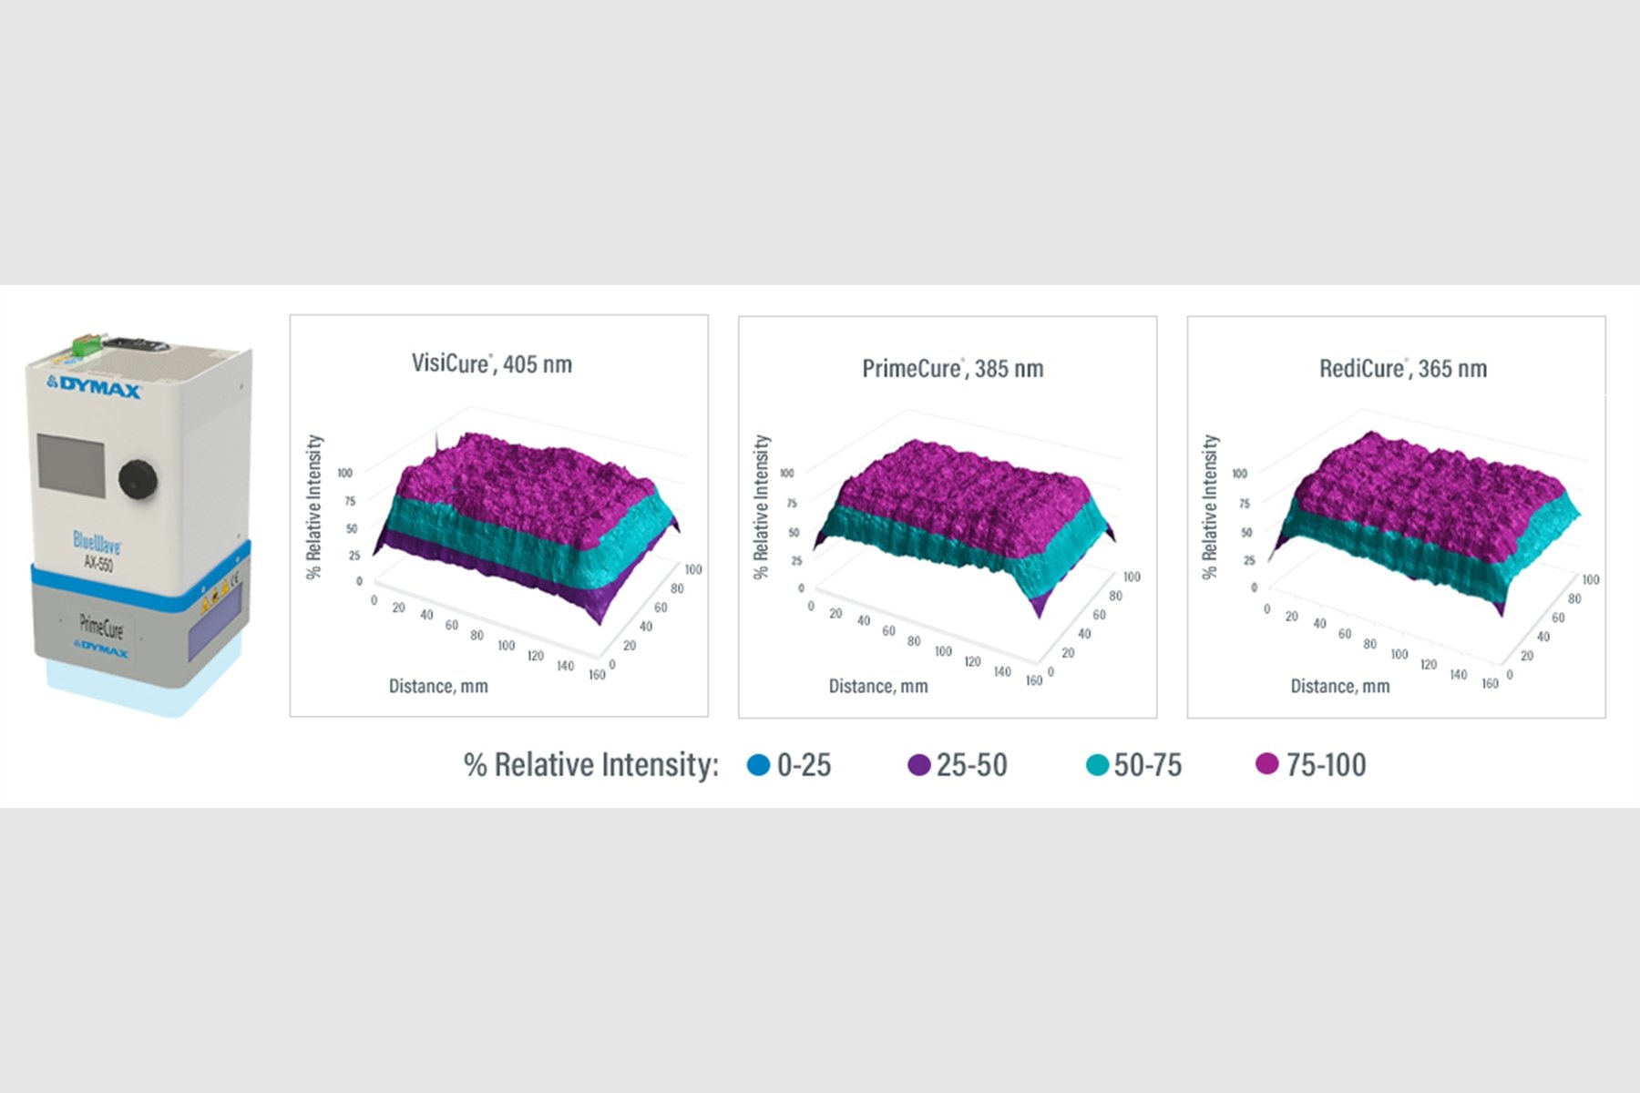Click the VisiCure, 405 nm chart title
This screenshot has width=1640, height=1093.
[x=492, y=364]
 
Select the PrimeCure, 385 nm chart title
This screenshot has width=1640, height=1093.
[x=952, y=369]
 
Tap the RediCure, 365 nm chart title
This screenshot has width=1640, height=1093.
[x=1403, y=369]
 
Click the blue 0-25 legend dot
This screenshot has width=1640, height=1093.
[x=758, y=764]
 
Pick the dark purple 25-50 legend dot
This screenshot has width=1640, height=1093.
[x=918, y=764]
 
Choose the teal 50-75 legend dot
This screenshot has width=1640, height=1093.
[x=1097, y=764]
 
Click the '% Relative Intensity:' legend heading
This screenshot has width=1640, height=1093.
[x=591, y=764]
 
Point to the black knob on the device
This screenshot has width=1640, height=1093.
[x=138, y=478]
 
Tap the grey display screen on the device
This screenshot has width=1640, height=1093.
[x=70, y=465]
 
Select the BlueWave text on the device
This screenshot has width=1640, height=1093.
[x=97, y=542]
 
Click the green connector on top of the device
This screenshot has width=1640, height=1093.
[x=87, y=348]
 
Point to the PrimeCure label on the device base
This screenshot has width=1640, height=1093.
[x=101, y=628]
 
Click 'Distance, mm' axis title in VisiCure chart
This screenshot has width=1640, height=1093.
[x=438, y=686]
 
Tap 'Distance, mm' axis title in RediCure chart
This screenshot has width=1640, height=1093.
[x=1339, y=686]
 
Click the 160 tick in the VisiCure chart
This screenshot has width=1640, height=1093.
[x=597, y=675]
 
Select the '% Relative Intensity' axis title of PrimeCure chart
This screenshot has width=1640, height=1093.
[x=762, y=506]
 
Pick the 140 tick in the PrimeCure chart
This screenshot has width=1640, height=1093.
[x=1002, y=672]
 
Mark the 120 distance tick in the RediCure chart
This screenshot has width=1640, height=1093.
[x=1429, y=665]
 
